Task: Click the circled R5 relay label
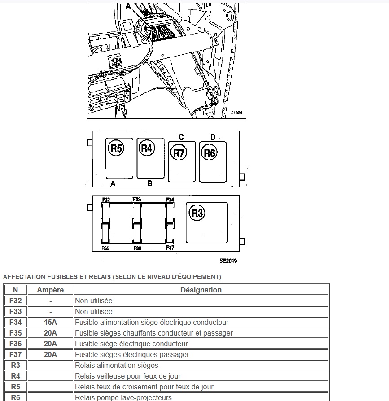[x=116, y=148]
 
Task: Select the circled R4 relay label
[x=147, y=148]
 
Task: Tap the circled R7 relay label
[x=179, y=153]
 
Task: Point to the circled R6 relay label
[x=210, y=153]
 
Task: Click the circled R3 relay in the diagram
[x=197, y=213]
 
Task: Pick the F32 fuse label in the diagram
[x=106, y=200]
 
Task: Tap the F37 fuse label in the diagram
[x=170, y=248]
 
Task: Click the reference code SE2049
[x=228, y=261]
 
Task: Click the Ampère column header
[x=50, y=290]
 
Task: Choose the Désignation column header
[x=201, y=290]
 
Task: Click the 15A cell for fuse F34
[x=50, y=323]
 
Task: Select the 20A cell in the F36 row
[x=50, y=344]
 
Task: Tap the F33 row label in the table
[x=15, y=312]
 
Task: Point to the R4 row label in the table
[x=15, y=376]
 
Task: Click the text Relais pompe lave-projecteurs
[x=123, y=397]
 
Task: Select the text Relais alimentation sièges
[x=117, y=366]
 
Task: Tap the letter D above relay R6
[x=213, y=137]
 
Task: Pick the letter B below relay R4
[x=150, y=183]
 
